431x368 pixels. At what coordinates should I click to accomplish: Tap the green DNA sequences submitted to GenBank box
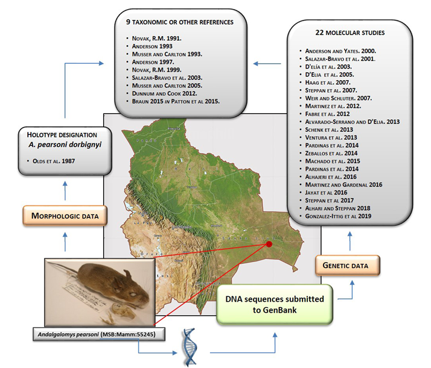click(x=275, y=305)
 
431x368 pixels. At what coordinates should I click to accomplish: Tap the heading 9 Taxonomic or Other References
click(x=184, y=23)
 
